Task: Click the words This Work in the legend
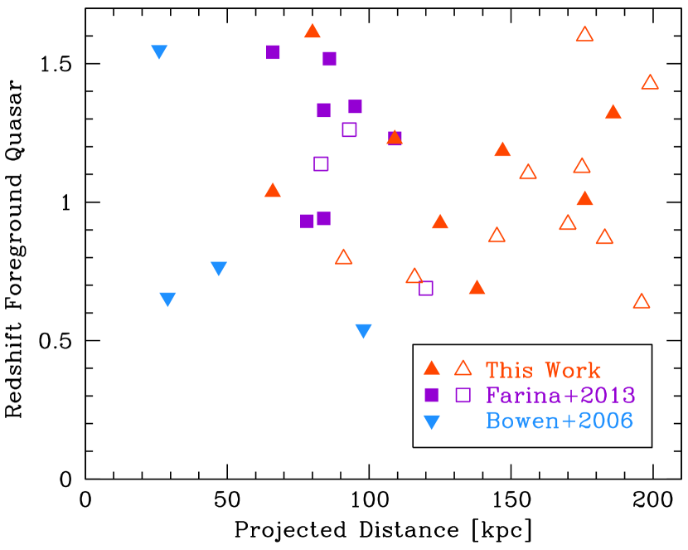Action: pyautogui.click(x=543, y=370)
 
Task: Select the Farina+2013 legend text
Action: pyautogui.click(x=560, y=396)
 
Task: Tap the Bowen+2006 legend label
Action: pyautogui.click(x=560, y=421)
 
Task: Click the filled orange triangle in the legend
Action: pyautogui.click(x=431, y=368)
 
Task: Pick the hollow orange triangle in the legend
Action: pyautogui.click(x=463, y=368)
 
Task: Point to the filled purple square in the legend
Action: pyautogui.click(x=431, y=396)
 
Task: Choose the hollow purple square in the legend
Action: pyautogui.click(x=463, y=396)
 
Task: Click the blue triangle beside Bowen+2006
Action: pyautogui.click(x=431, y=422)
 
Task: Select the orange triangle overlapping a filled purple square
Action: pyautogui.click(x=395, y=138)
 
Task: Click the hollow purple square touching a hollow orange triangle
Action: pyautogui.click(x=426, y=289)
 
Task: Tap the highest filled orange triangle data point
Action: pyautogui.click(x=312, y=32)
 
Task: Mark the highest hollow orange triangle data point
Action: pyautogui.click(x=584, y=35)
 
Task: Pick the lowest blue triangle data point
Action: pyautogui.click(x=363, y=331)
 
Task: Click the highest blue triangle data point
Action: pyautogui.click(x=159, y=52)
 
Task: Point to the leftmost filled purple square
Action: pyautogui.click(x=273, y=52)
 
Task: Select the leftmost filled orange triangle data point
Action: pyautogui.click(x=272, y=191)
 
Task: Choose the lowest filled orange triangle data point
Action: pyautogui.click(x=477, y=288)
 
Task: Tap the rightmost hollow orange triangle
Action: pyautogui.click(x=650, y=83)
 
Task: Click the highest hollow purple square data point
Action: pyautogui.click(x=349, y=129)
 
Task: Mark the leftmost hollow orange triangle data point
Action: pyautogui.click(x=343, y=257)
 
